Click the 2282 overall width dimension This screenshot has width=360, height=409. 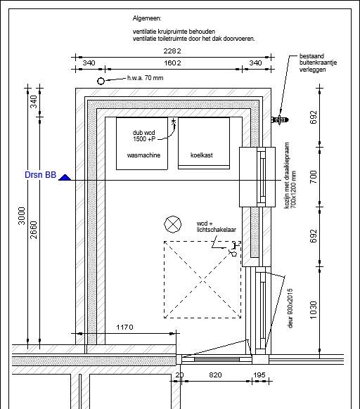[x=172, y=51]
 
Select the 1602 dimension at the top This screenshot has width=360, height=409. [x=172, y=63]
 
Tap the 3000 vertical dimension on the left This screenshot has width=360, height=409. [x=22, y=216]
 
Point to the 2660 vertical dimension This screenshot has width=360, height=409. [x=34, y=230]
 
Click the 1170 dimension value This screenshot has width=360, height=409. [x=124, y=327]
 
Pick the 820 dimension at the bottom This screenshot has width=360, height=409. [x=215, y=375]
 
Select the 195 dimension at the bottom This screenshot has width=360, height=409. [x=259, y=375]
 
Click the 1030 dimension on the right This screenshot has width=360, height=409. [x=314, y=310]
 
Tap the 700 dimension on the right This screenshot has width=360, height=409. [x=314, y=176]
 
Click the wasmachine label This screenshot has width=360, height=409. [x=143, y=155]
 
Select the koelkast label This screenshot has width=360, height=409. [x=202, y=155]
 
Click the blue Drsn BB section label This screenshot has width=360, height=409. [x=41, y=175]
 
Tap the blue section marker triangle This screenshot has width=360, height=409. [x=65, y=178]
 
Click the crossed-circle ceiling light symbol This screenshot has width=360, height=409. [x=172, y=224]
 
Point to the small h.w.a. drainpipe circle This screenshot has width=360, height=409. [x=101, y=81]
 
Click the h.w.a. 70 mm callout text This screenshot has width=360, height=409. [x=145, y=78]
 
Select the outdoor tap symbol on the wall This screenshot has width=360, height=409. [x=280, y=120]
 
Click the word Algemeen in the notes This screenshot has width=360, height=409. [x=147, y=18]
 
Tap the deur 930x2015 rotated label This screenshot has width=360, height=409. [x=290, y=308]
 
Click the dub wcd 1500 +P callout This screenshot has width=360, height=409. [x=144, y=136]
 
